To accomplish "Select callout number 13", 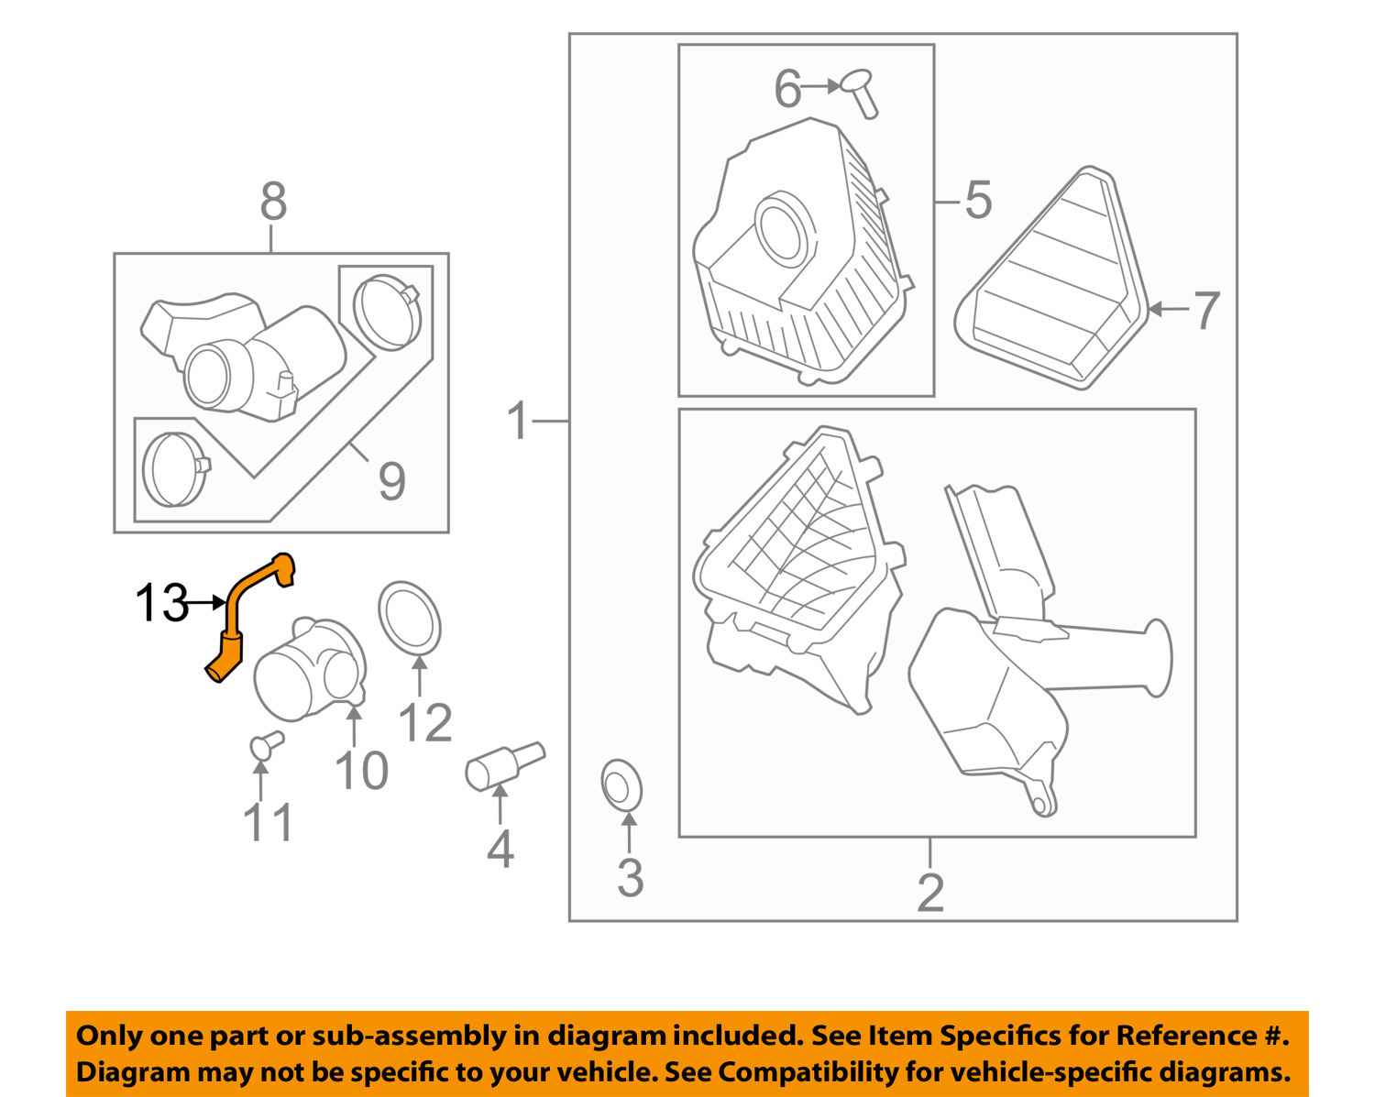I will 161,604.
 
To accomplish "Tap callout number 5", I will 978,199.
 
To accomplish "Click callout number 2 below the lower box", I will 929,892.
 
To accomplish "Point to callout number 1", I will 519,421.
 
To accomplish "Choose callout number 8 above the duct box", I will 273,201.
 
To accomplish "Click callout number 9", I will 391,480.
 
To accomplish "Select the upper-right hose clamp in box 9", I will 386,311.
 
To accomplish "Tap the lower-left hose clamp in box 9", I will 176,469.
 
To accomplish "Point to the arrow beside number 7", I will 1167,310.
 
